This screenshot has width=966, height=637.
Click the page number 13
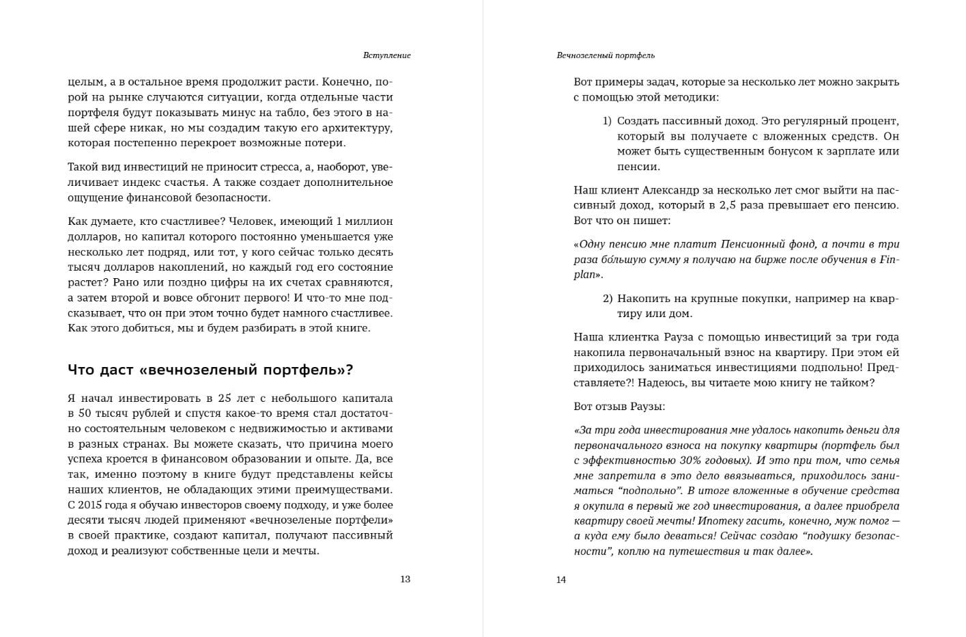(405, 579)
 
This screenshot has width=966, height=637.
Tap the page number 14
(560, 580)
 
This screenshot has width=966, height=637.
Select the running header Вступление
(386, 55)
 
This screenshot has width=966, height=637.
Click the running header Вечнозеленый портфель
(606, 55)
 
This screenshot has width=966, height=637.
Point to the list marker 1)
(607, 121)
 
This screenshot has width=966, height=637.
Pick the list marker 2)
(608, 299)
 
